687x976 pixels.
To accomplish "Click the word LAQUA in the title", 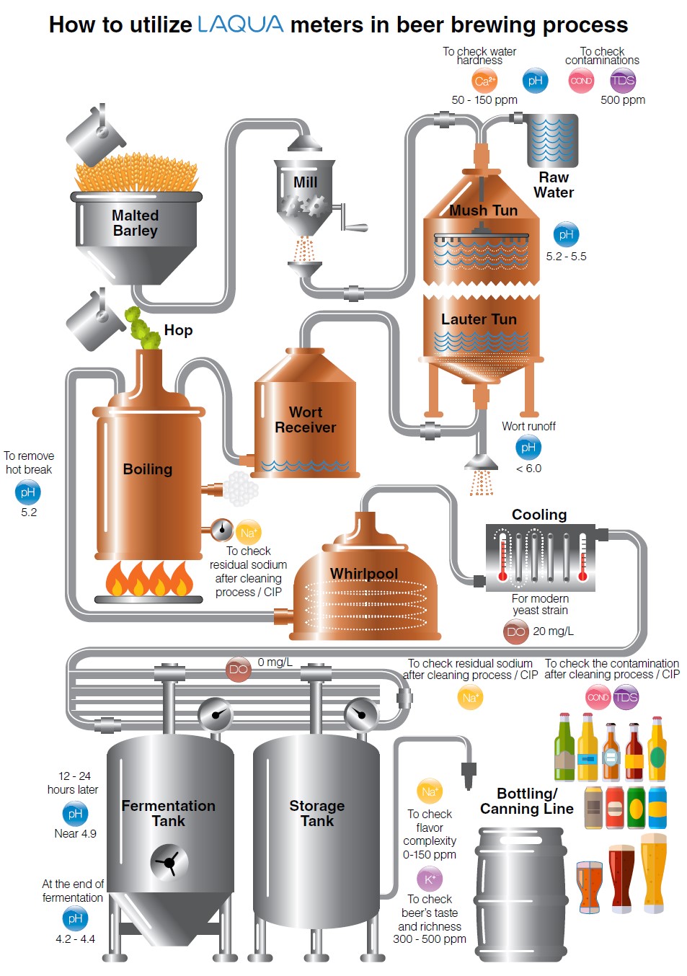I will coord(240,25).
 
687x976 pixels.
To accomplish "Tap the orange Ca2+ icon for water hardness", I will coord(484,81).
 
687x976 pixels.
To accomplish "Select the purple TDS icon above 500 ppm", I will coord(623,81).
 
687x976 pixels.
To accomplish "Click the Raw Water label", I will coord(554,185).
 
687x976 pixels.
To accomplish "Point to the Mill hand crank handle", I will coord(354,227).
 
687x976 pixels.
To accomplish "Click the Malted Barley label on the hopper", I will coord(135,223).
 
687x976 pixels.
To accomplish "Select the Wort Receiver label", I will coord(305,420).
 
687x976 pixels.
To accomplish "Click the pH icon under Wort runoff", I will coord(528,448).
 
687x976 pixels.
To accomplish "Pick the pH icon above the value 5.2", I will coord(28,492).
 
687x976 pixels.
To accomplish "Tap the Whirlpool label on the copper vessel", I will coord(363,574).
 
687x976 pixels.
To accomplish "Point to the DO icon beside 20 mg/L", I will coord(516,631).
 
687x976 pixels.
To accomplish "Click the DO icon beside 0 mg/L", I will coord(238,669).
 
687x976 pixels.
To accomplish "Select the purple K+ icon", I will coord(430,879).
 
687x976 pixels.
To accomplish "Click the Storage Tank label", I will coord(316,813).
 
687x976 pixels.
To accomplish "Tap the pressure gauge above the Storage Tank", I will coord(361,714).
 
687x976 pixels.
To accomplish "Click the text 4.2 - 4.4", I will coord(75,939).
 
